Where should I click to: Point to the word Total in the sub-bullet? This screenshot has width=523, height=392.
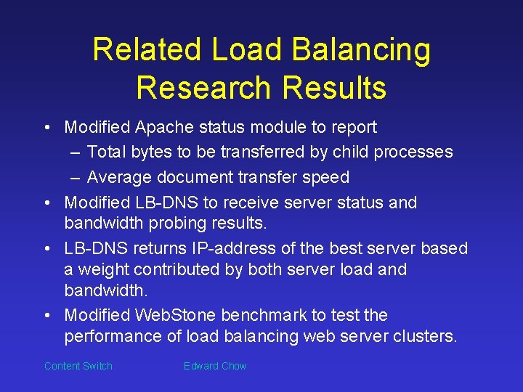tap(107, 152)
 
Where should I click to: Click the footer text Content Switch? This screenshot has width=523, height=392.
tap(78, 366)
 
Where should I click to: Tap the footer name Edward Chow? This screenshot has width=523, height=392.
tap(215, 366)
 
